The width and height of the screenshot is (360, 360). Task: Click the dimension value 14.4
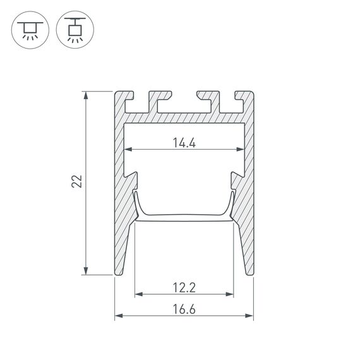[184, 143]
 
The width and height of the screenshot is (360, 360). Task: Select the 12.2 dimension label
[184, 288]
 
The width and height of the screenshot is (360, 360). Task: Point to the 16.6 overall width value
[184, 309]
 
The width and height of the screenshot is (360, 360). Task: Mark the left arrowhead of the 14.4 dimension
[127, 150]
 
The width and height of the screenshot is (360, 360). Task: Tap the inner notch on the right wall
[236, 172]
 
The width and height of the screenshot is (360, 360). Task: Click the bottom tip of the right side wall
[247, 274]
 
